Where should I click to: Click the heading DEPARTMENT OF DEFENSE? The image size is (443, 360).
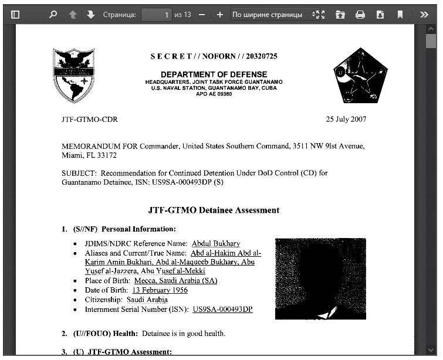point(214,74)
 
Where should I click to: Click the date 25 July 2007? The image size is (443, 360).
point(346,120)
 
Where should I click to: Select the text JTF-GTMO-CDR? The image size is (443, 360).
point(89,120)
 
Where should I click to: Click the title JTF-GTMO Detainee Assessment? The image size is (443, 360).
point(214,210)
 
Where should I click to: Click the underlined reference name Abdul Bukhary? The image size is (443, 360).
point(215,243)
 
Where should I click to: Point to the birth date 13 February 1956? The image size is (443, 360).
point(160,290)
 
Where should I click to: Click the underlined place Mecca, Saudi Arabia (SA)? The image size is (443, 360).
point(175,281)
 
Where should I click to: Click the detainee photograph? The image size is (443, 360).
point(320,279)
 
